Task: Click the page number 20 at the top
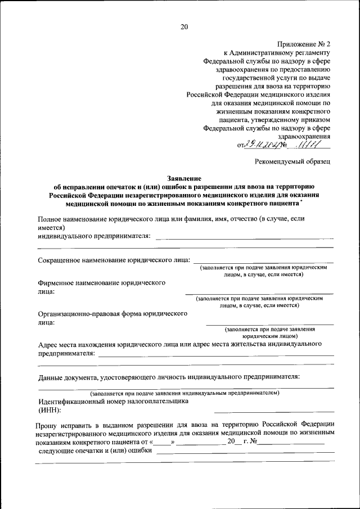coord(184,26)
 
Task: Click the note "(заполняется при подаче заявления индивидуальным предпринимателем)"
coord(185,393)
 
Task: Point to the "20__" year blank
coord(234,442)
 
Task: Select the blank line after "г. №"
coord(291,443)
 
